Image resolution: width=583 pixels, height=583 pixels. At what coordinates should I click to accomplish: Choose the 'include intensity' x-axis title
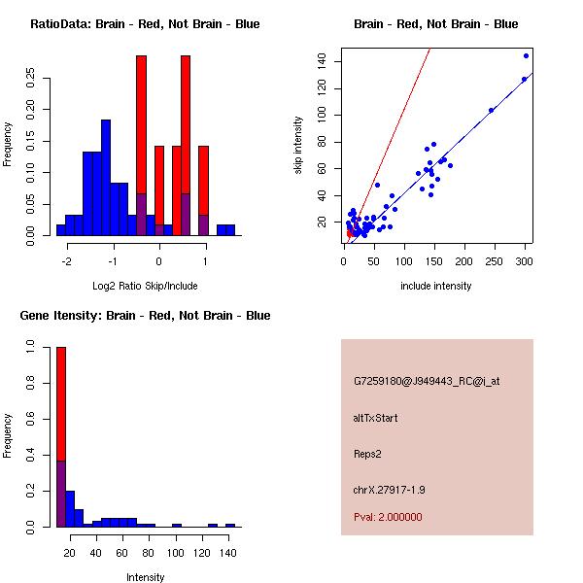click(436, 286)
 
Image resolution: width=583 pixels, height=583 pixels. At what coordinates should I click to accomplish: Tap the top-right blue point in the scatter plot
click(527, 55)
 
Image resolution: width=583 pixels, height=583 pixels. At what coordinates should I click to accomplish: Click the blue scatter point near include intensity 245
click(491, 110)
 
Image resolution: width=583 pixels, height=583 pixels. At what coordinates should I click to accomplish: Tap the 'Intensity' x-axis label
click(145, 577)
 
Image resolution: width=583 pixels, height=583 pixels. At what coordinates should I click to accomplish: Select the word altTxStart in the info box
click(376, 418)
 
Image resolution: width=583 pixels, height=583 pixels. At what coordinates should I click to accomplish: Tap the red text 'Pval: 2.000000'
click(388, 517)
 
